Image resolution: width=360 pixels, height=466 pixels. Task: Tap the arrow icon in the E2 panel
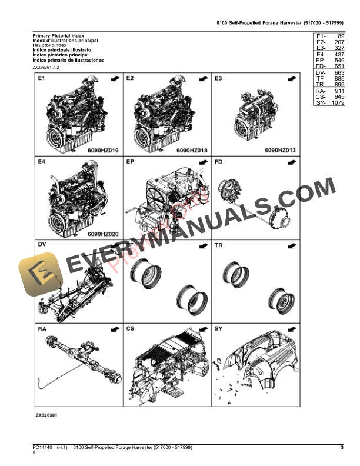pyautogui.click(x=202, y=78)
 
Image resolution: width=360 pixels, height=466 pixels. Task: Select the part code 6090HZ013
pyautogui.click(x=279, y=151)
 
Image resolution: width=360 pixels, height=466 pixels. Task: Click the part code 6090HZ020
pyautogui.click(x=103, y=234)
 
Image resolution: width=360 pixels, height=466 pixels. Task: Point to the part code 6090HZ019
pyautogui.click(x=103, y=151)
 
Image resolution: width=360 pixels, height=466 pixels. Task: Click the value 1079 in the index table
pyautogui.click(x=337, y=104)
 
